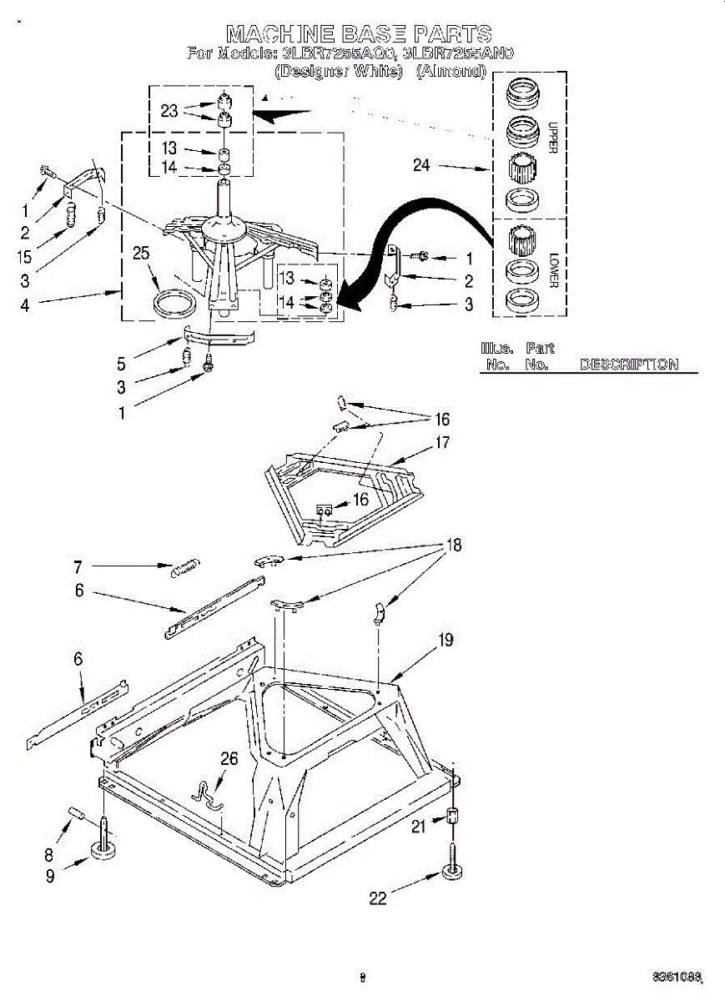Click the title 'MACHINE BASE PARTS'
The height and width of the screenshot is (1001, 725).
359,33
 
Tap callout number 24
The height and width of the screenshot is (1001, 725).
421,165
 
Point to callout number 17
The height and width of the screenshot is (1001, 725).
442,443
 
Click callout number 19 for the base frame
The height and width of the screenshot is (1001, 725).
446,640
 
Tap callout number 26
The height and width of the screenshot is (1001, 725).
229,758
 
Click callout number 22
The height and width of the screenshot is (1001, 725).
378,898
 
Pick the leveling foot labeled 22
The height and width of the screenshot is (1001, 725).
453,873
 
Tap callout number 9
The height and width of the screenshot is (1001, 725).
50,876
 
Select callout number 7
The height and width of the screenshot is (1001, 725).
78,567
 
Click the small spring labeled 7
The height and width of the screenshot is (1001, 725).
184,571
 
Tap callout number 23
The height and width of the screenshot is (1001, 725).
169,111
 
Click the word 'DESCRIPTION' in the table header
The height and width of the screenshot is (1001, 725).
628,365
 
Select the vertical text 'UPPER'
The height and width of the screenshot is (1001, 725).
551,138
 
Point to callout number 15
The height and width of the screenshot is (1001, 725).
25,258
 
